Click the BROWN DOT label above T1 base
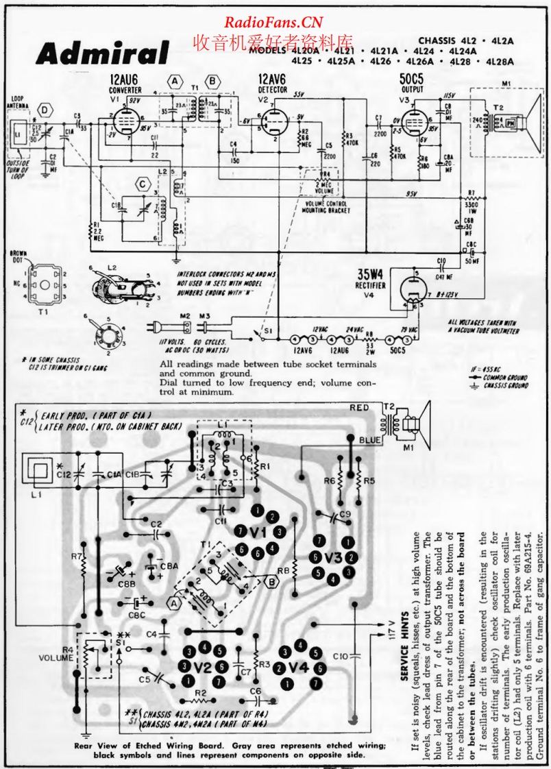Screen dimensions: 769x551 19,257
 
